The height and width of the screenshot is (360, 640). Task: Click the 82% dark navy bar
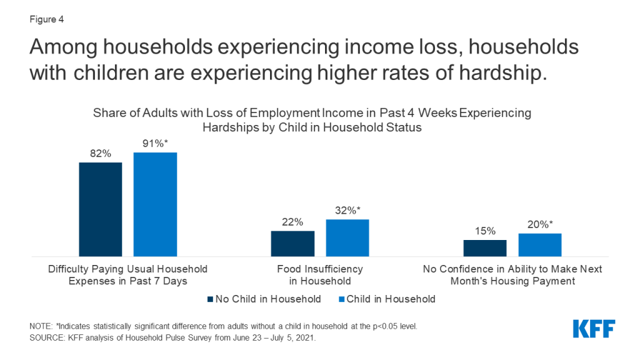tap(101, 209)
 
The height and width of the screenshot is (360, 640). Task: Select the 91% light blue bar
tap(156, 204)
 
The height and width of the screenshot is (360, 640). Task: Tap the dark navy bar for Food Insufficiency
tap(292, 244)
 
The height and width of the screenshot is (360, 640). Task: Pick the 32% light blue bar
tap(347, 238)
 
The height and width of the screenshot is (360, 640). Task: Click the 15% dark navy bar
tap(485, 248)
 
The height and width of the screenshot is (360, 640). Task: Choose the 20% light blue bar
tap(540, 245)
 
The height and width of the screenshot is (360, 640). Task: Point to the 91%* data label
tap(155, 143)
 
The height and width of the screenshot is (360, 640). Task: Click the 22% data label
tap(292, 222)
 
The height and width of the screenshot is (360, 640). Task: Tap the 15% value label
tap(485, 231)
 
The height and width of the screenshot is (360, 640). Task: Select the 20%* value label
tap(540, 224)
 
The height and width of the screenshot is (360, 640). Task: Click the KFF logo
tap(594, 329)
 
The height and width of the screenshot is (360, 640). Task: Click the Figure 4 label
tap(46, 19)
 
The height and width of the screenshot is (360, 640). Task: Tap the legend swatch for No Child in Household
tap(210, 299)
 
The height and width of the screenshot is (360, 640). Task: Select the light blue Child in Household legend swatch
tap(342, 299)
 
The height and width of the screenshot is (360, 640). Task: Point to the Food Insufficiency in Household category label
tap(320, 275)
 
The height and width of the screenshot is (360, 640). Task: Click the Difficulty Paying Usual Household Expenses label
tap(127, 275)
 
